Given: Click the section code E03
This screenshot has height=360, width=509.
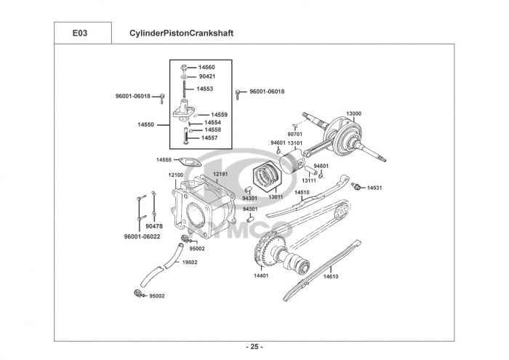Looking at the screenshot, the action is coord(80,33).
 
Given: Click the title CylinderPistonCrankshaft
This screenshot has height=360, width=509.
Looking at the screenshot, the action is coord(182,33).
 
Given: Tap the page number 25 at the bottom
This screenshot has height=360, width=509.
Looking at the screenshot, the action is coord(254,347).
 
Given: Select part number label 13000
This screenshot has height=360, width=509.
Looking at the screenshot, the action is coord(353,113).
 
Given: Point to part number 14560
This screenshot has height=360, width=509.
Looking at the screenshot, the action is coord(207,67).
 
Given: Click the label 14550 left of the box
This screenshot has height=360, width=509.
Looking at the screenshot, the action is coord(145,124).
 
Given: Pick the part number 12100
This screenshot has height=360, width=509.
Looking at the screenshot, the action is coord(176,175).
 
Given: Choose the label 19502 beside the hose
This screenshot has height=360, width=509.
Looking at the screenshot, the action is coord(190,263).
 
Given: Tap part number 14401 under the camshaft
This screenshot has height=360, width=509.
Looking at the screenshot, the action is coord(261,276).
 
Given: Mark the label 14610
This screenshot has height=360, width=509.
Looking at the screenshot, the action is coord(331,276).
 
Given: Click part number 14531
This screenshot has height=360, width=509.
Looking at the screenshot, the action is coord(374,188).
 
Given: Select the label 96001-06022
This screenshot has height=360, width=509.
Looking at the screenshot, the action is coord(143,236).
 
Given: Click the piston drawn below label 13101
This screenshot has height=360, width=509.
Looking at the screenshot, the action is coord(292,161).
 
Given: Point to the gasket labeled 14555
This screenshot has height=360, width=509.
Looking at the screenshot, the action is coord(191,161).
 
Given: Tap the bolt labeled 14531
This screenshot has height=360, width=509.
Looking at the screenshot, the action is coord(356,186).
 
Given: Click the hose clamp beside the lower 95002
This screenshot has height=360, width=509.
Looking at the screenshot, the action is coord(139,293).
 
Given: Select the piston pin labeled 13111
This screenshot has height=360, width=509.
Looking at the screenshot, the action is coord(311,170).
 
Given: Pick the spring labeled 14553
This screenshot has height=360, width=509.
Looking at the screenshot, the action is coord(185,89).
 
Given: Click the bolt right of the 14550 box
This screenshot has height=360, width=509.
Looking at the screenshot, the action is coord(238,94).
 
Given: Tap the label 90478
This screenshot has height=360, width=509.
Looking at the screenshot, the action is coord(154,226).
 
